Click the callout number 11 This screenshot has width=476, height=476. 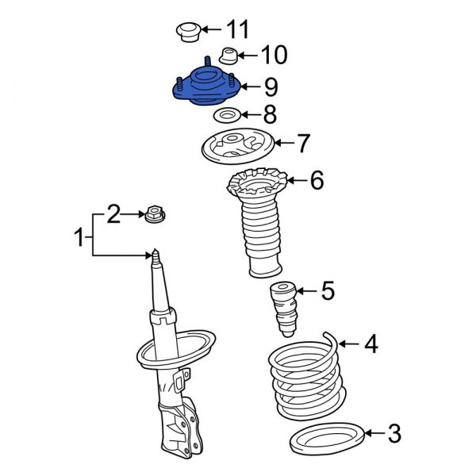tap(237, 31)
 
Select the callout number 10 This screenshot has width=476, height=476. tap(273, 56)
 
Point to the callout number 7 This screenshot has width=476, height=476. tap(303, 144)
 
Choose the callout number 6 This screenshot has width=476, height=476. tap(316, 182)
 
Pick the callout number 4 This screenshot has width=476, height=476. tap(370, 344)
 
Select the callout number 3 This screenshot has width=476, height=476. tap(393, 434)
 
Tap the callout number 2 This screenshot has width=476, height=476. tap(114, 213)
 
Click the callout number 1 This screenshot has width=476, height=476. tap(79, 236)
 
